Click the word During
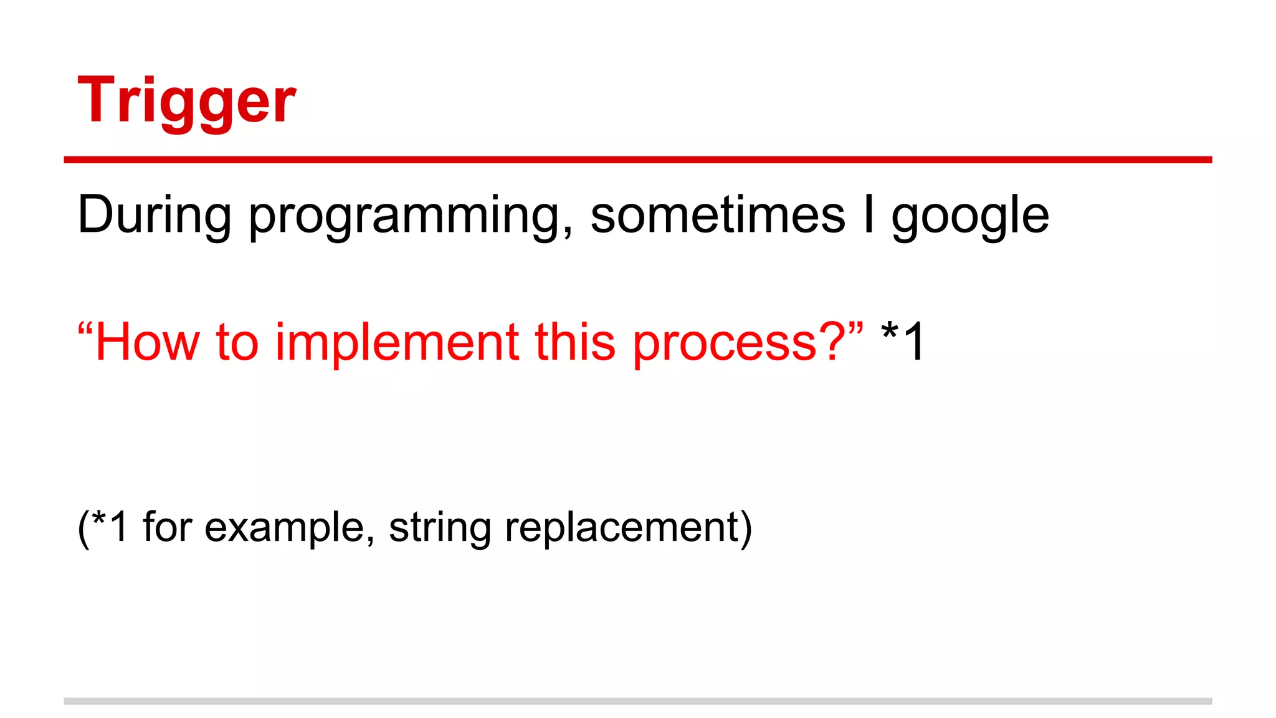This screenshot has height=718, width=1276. [154, 215]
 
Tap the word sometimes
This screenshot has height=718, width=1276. [718, 215]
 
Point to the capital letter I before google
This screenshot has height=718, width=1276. [869, 215]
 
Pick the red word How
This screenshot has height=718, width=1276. [148, 342]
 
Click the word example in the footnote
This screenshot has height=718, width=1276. [285, 528]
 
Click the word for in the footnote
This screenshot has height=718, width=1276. [167, 527]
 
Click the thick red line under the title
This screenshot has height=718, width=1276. [638, 160]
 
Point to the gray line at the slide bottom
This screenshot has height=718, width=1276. [638, 701]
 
